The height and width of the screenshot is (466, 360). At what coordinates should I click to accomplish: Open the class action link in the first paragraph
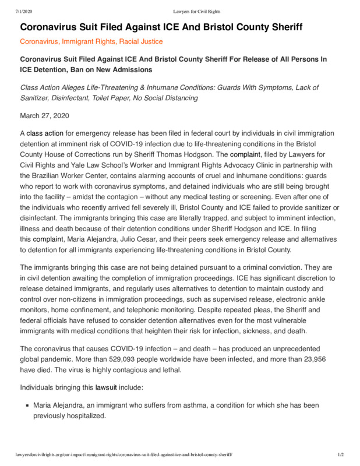click(45, 133)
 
